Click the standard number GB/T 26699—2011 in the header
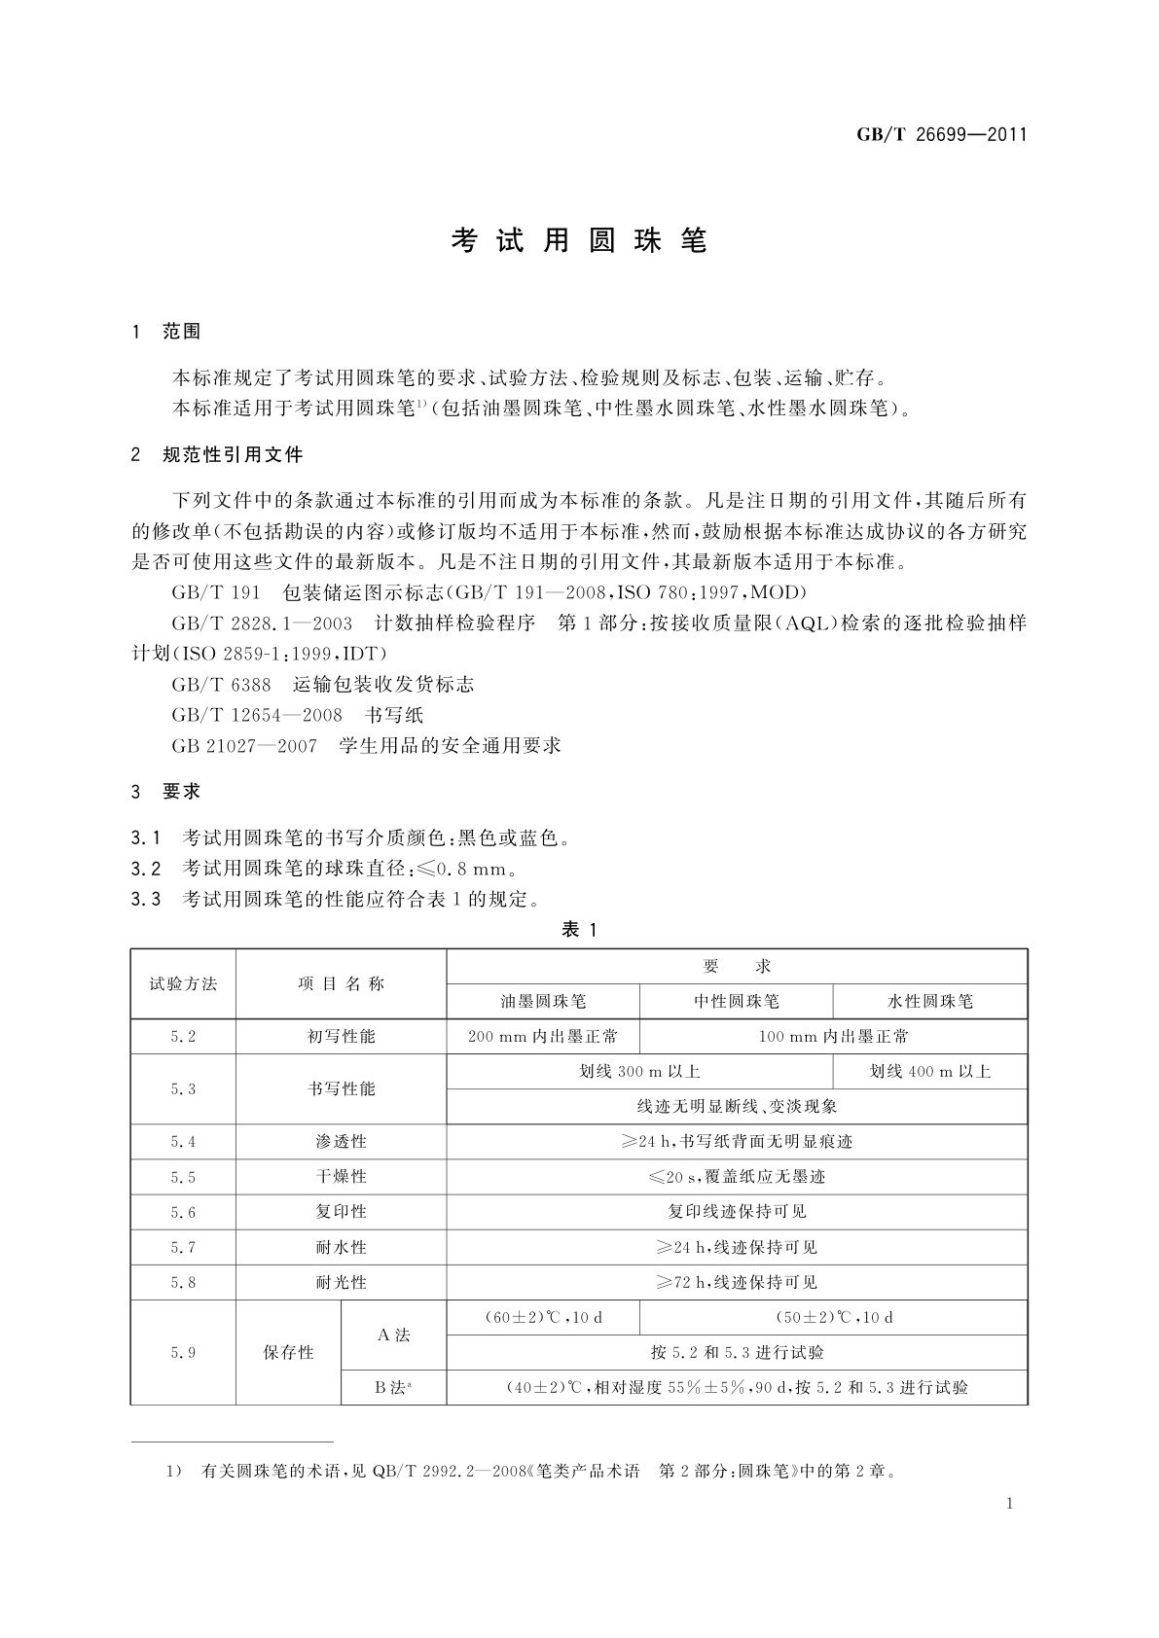click(x=941, y=135)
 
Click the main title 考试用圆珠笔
click(x=579, y=241)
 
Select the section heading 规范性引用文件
click(x=233, y=454)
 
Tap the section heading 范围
click(x=182, y=332)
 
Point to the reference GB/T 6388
click(x=221, y=684)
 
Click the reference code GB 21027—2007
click(x=243, y=746)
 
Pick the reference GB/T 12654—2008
click(x=257, y=715)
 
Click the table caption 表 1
click(x=579, y=930)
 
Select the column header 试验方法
click(x=183, y=983)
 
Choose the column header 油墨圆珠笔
click(x=543, y=1001)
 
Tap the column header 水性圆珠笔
click(x=929, y=1001)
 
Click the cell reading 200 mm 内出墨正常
click(x=543, y=1037)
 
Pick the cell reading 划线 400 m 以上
click(x=929, y=1072)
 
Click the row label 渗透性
click(x=341, y=1142)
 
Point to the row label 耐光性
click(x=341, y=1282)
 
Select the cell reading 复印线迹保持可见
click(x=737, y=1212)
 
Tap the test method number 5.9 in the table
click(x=183, y=1352)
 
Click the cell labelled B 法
click(x=393, y=1388)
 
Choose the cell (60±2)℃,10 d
click(x=543, y=1318)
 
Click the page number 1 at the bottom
click(x=1009, y=1504)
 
